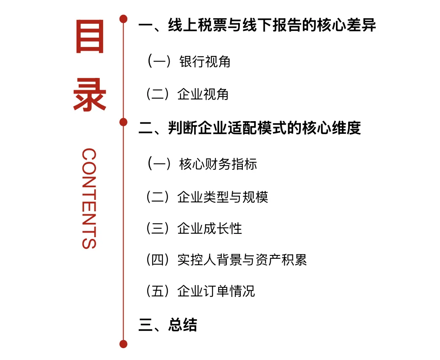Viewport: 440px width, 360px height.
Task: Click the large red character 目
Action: click(x=90, y=37)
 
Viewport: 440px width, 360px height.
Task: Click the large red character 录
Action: click(x=90, y=95)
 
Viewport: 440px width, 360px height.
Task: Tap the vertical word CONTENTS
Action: click(x=89, y=198)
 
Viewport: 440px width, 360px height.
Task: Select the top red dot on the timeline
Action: click(x=124, y=19)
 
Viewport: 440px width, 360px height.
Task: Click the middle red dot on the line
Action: click(x=124, y=122)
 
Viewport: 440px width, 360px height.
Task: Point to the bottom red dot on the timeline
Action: click(x=124, y=344)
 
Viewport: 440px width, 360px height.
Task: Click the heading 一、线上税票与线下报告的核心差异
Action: click(x=257, y=25)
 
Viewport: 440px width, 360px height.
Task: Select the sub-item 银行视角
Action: click(x=205, y=61)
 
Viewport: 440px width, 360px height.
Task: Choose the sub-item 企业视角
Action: click(x=203, y=94)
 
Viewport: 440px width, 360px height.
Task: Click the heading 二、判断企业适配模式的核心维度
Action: click(x=250, y=128)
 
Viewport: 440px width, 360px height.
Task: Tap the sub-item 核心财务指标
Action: click(x=218, y=164)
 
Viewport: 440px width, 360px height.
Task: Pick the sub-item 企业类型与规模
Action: click(x=223, y=197)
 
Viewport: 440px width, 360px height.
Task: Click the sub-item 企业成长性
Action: click(x=210, y=229)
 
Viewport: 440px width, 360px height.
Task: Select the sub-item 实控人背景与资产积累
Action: click(x=242, y=260)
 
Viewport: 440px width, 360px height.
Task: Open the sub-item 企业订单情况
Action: click(x=216, y=291)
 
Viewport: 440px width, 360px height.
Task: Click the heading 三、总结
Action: click(x=168, y=325)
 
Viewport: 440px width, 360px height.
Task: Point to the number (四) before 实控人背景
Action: click(x=157, y=260)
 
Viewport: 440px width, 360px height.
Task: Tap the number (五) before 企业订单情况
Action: click(x=157, y=291)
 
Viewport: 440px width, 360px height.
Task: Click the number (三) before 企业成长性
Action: click(x=157, y=229)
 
